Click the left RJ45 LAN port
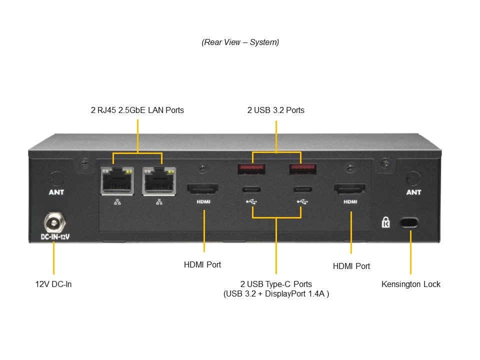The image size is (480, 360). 117,180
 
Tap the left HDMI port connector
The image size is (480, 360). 202,189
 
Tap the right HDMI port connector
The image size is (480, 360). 349,189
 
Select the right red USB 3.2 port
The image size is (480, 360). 301,169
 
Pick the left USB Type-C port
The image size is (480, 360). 252,189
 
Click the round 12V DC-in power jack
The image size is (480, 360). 53,221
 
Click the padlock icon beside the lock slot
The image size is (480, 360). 386,222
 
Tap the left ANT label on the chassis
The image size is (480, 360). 56,192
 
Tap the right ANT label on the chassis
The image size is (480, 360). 413,192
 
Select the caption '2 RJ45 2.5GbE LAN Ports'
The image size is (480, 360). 137,110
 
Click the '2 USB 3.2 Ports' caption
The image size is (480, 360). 275,110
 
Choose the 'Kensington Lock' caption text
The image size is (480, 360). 411,284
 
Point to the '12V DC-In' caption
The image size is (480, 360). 53,284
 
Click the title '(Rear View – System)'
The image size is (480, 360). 240,42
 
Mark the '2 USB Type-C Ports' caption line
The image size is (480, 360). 276,284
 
